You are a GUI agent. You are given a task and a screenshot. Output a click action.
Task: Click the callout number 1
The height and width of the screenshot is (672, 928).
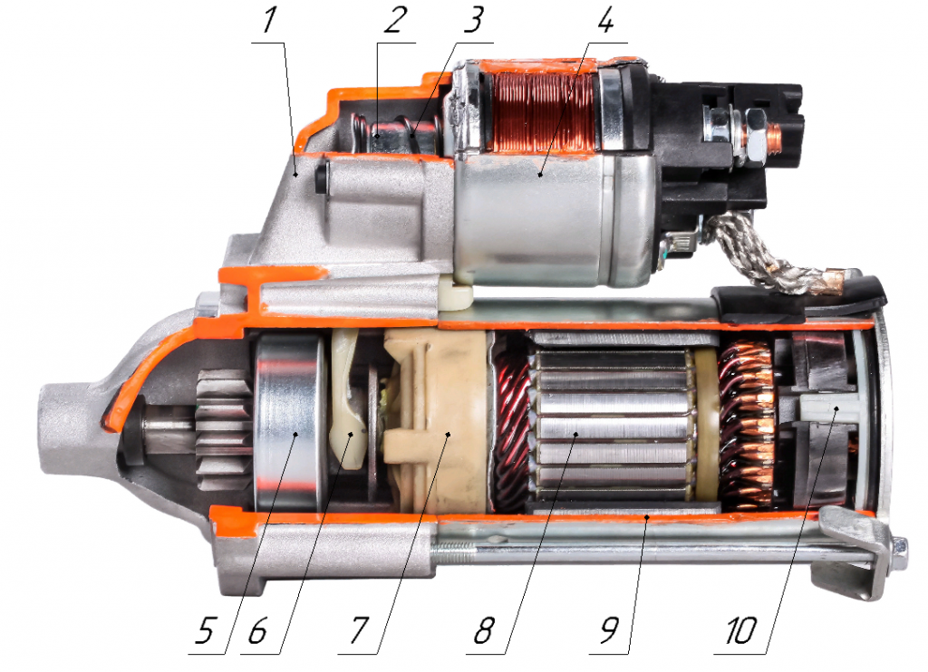click(x=269, y=20)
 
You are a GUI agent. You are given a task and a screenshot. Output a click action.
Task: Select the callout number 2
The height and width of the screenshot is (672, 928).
click(x=395, y=20)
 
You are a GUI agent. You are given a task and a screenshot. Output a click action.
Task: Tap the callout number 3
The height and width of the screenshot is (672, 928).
click(x=473, y=20)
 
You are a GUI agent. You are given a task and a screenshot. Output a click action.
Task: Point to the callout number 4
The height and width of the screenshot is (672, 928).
click(x=605, y=20)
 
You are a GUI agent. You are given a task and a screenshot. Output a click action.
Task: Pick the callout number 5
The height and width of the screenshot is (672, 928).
click(x=204, y=630)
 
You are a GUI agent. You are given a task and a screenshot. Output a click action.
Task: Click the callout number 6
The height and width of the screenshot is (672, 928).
click(x=257, y=630)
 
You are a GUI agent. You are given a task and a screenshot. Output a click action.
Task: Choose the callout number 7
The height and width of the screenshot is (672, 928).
click(x=359, y=630)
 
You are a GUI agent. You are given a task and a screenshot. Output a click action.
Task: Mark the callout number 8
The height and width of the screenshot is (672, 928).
click(x=484, y=630)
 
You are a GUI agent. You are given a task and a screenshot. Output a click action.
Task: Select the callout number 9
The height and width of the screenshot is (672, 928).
click(x=610, y=630)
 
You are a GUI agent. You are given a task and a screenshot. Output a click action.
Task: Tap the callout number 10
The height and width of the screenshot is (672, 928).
click(x=741, y=630)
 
